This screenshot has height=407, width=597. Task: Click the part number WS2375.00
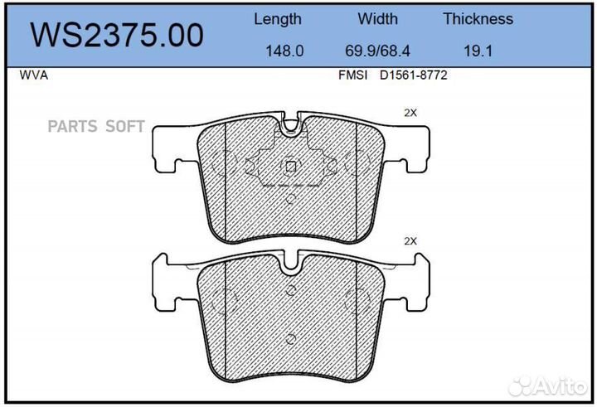[117, 35]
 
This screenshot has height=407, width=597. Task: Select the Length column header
[278, 19]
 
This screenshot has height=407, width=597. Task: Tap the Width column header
[378, 19]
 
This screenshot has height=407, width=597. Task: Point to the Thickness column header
[478, 19]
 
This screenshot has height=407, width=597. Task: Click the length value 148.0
[284, 51]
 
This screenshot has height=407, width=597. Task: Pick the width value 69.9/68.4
[377, 51]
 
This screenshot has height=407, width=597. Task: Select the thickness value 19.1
[478, 51]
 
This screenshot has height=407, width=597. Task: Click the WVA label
[34, 75]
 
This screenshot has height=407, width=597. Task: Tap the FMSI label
[353, 75]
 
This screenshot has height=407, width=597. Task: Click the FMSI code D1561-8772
[414, 75]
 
